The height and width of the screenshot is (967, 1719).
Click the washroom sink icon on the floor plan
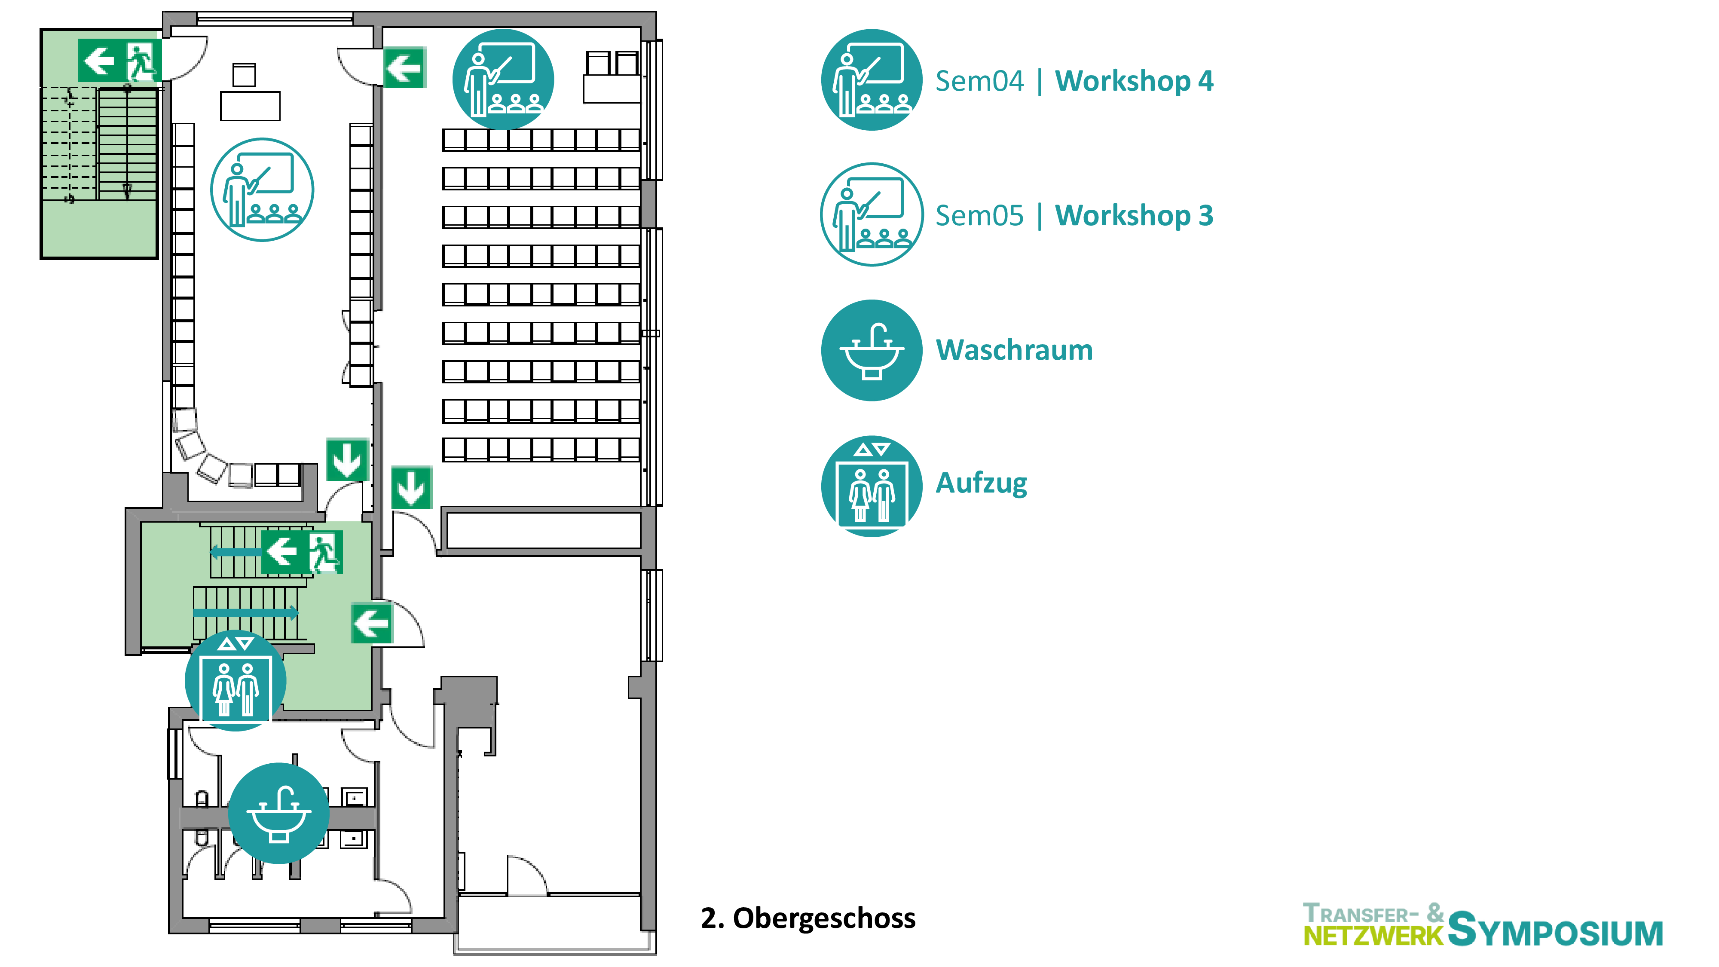[279, 813]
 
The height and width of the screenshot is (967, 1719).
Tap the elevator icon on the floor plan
[236, 680]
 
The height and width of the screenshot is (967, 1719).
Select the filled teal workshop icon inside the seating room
[503, 80]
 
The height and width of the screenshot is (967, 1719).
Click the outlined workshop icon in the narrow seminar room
[262, 190]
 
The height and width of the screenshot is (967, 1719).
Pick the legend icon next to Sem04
[872, 80]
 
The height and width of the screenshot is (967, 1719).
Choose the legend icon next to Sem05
[872, 214]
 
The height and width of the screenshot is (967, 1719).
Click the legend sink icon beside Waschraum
[872, 350]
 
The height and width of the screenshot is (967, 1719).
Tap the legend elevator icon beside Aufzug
[872, 486]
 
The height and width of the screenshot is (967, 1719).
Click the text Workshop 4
[1134, 81]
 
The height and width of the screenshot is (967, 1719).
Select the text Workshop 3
[1134, 216]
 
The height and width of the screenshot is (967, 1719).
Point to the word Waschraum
[1014, 350]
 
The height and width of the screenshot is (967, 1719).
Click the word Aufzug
[981, 483]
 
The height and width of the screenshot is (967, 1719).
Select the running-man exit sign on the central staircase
[325, 552]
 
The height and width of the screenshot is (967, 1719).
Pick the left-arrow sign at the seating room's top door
[404, 67]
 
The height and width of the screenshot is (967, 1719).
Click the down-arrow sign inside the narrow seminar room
[347, 459]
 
